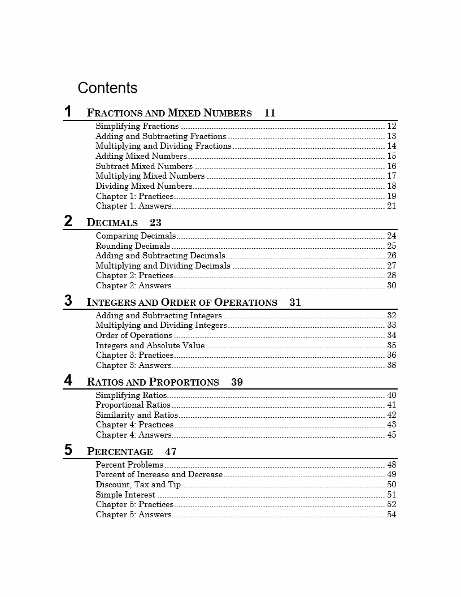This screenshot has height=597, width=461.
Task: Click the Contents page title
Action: click(107, 88)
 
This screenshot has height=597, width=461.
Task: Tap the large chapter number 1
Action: click(68, 111)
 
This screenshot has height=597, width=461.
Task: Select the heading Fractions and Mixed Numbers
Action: click(169, 113)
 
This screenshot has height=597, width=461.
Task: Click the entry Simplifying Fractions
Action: click(137, 127)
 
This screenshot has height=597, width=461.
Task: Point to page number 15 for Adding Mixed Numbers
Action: click(392, 157)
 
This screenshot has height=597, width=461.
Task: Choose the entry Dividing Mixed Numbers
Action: click(144, 186)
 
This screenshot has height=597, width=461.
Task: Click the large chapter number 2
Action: click(68, 221)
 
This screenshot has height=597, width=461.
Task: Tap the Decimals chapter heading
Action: click(112, 223)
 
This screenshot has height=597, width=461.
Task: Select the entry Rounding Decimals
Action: click(133, 246)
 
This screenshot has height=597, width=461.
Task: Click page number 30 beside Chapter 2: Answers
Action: click(392, 285)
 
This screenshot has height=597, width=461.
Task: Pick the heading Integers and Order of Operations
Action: click(182, 302)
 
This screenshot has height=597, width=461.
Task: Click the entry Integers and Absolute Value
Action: click(150, 345)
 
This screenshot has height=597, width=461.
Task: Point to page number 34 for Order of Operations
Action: click(392, 335)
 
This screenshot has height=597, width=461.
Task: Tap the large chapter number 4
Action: click(68, 380)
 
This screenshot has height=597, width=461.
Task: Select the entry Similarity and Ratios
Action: click(137, 415)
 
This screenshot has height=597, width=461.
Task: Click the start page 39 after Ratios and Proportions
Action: click(237, 382)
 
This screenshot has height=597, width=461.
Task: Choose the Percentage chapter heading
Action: click(120, 452)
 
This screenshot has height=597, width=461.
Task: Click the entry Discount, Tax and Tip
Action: click(138, 484)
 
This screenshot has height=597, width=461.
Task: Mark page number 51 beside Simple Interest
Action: click(392, 495)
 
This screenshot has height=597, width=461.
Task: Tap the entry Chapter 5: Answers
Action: click(133, 514)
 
